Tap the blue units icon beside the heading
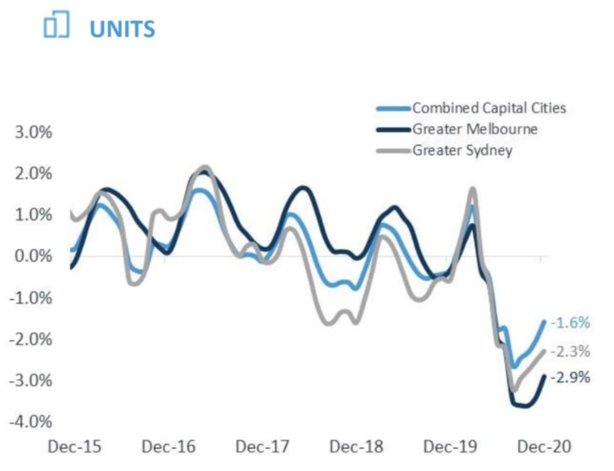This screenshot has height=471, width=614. click(x=56, y=26)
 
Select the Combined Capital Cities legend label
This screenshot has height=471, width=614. click(x=489, y=108)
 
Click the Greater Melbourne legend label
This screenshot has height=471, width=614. click(x=475, y=129)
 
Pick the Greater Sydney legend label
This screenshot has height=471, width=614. click(x=462, y=150)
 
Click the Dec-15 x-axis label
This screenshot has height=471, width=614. click(x=74, y=447)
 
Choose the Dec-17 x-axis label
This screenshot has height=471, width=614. click(x=263, y=447)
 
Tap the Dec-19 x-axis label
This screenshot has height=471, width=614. click(x=450, y=447)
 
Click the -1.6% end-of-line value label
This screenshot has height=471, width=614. click(x=570, y=322)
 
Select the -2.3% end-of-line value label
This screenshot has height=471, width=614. click(x=570, y=351)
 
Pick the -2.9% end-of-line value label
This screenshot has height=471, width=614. click(x=570, y=378)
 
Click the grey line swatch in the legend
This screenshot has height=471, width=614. click(x=394, y=151)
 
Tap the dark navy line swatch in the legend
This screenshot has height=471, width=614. click(x=394, y=130)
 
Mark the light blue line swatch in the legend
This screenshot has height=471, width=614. click(x=394, y=109)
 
